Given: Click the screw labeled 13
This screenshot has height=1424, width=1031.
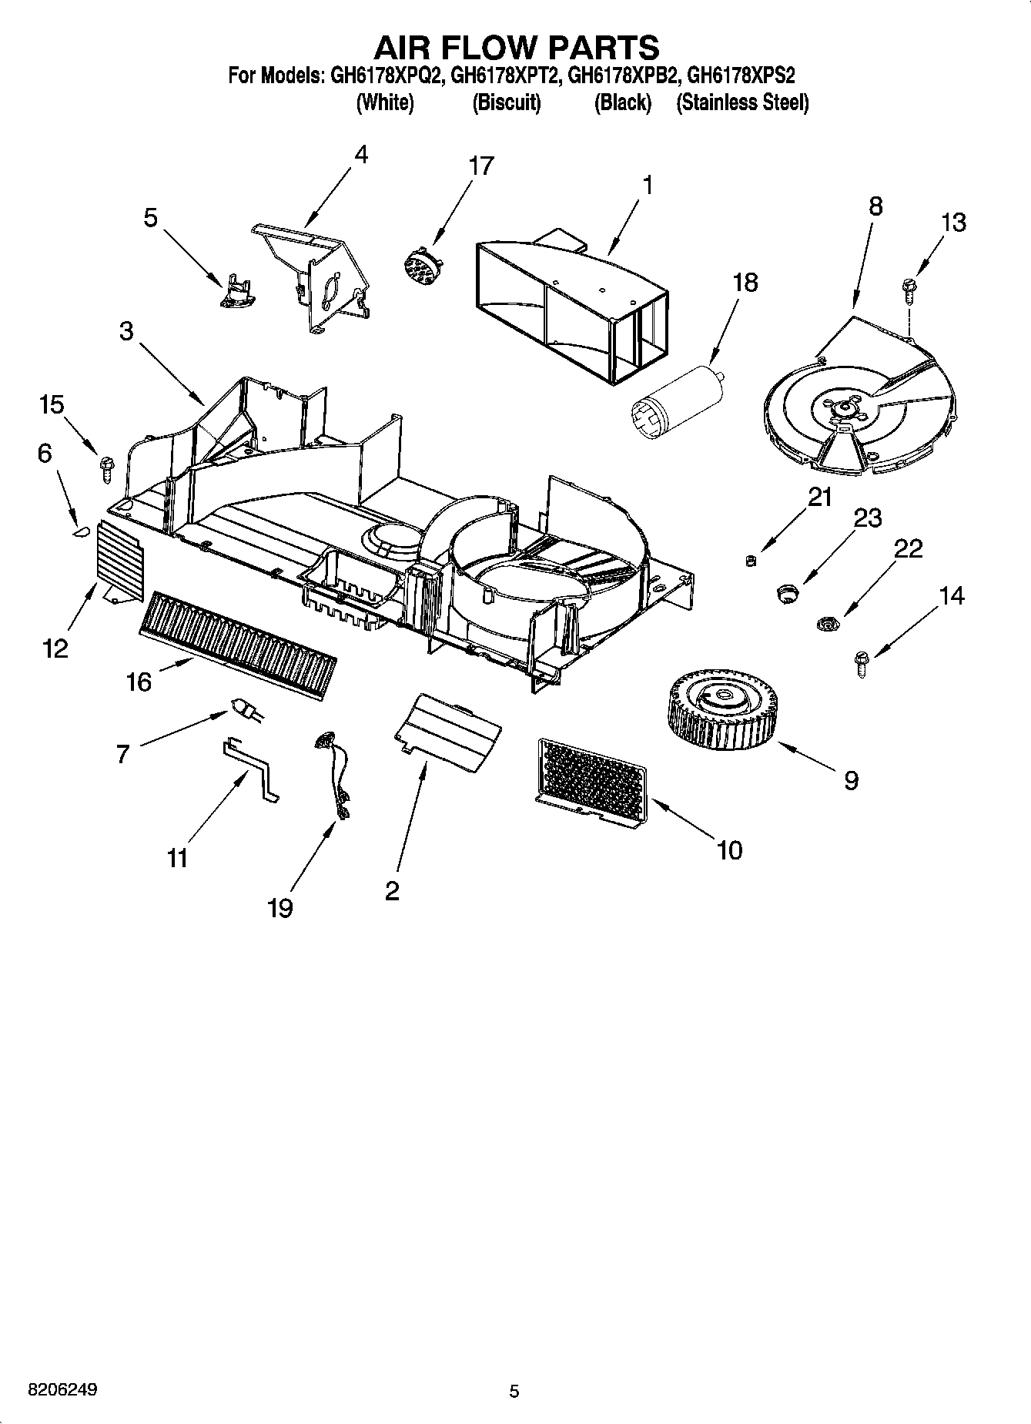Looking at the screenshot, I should pyautogui.click(x=908, y=291).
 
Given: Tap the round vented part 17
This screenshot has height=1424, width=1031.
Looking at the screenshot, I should pyautogui.click(x=420, y=264).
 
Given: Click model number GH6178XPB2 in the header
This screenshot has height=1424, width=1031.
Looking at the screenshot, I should pyautogui.click(x=624, y=76).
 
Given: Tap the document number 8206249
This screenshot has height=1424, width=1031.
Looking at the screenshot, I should pyautogui.click(x=62, y=1390).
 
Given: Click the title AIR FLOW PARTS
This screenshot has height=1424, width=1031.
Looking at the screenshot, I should pyautogui.click(x=516, y=47).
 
